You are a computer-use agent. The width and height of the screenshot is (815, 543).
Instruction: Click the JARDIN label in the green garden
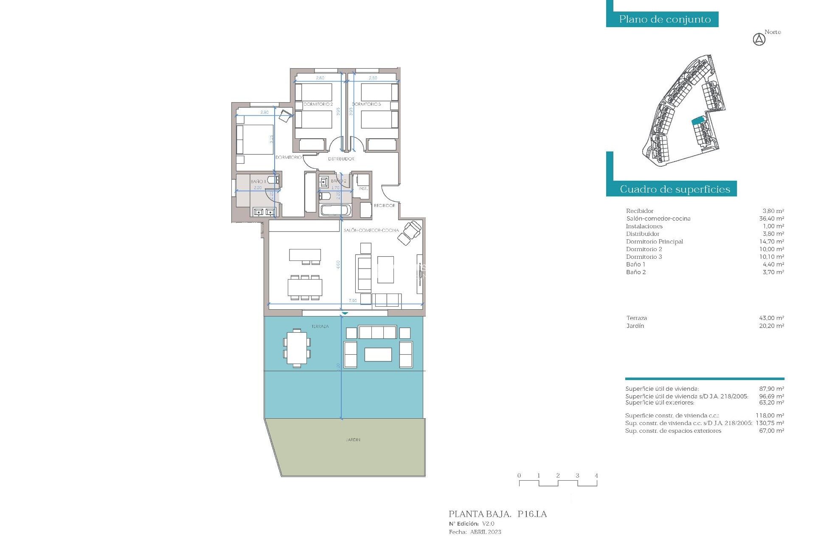point(353,440)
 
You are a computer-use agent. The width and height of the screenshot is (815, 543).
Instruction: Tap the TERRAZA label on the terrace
point(320,327)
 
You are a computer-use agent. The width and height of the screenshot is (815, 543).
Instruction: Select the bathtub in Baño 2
point(335,210)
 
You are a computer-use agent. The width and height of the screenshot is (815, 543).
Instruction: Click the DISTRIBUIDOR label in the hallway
point(341,159)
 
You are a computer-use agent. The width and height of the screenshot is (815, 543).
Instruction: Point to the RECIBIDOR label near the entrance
point(384,206)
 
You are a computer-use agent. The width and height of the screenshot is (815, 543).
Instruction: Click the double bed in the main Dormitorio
point(255,139)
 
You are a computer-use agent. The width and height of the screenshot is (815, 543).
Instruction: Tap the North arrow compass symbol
point(759,39)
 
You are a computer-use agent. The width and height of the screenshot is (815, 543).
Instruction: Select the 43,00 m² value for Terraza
point(771,318)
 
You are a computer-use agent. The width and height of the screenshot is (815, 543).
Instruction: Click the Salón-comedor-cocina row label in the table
point(658,219)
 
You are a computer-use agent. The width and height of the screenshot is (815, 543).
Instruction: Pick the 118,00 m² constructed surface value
point(770,416)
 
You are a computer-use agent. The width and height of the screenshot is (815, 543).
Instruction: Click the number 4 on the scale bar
point(596,476)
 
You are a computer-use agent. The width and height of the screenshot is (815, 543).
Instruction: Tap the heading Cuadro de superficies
point(675,189)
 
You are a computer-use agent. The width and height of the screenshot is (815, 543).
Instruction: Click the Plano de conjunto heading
point(665,20)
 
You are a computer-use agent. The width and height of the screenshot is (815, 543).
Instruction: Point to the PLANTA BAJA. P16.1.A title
point(497,514)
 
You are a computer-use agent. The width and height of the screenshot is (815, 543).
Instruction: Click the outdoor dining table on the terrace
point(297,348)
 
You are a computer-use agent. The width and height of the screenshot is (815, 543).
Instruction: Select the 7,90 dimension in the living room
point(353,301)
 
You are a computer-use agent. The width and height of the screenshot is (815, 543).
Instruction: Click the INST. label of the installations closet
point(363,189)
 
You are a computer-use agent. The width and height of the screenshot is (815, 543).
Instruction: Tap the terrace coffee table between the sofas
point(378,355)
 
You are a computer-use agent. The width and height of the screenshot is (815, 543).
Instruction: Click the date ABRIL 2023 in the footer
point(485,532)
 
